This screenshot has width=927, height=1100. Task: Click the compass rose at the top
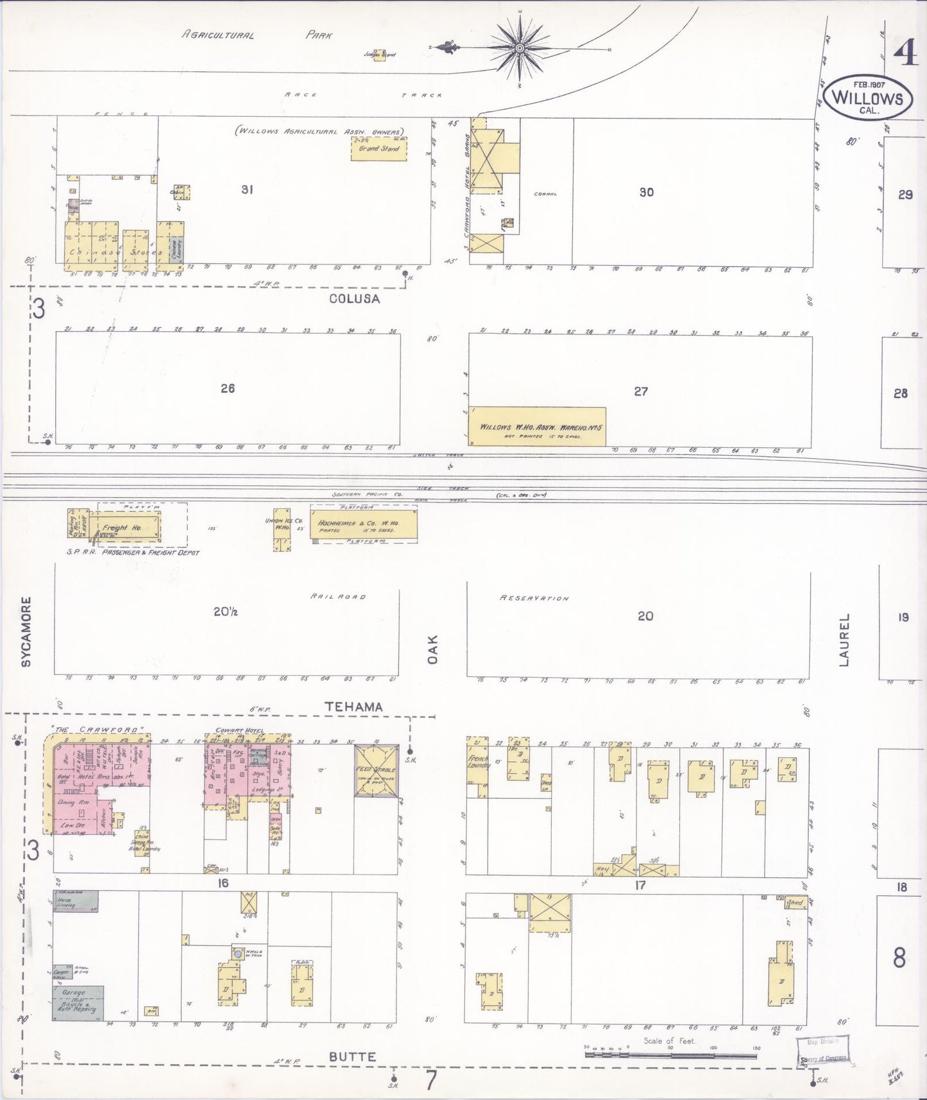tap(520, 47)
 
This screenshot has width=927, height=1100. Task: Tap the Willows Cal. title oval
tap(867, 98)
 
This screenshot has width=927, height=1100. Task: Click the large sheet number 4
tap(907, 53)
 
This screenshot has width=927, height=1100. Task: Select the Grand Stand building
tap(378, 149)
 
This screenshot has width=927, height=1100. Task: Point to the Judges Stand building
tap(380, 55)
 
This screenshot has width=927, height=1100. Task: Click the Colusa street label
tap(354, 298)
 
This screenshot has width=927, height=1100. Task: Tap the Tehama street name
tap(353, 707)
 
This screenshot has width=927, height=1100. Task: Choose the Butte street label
tap(352, 1056)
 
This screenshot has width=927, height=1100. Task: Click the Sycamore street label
tap(26, 632)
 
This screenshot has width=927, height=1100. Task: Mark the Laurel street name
tap(844, 639)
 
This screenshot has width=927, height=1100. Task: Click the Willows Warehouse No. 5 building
tap(537, 426)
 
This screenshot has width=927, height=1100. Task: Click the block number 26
tap(228, 388)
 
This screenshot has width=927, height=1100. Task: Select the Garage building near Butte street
tap(78, 1002)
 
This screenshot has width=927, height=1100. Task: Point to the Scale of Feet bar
tap(670, 1055)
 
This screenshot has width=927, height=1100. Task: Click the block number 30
tap(646, 192)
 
